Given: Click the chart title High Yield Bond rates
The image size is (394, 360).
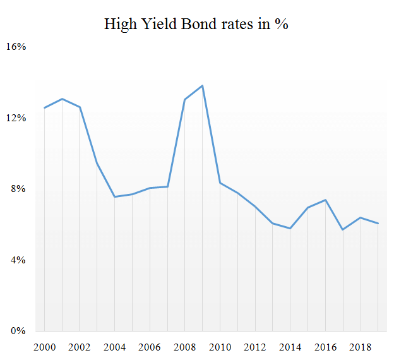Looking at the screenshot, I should coord(196,24).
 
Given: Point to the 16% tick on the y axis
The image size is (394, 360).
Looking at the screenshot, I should coord(16,47).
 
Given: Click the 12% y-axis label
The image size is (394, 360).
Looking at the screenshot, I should coord(16,118).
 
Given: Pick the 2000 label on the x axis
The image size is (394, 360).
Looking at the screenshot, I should coord(44,348).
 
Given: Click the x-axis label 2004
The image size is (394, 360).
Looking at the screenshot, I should coord(114,348).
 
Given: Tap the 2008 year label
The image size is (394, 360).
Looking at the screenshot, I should coord(184,348).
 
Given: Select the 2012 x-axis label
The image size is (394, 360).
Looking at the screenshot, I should coord(254,348).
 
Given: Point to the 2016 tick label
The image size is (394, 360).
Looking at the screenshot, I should coord(325,348).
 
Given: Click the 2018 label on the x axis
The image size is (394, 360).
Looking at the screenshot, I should coord(360,348).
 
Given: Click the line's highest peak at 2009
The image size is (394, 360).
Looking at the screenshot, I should coord(202,85).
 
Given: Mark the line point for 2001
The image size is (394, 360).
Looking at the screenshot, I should coord(62,99).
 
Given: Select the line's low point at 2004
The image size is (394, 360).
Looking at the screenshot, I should coord(114,196).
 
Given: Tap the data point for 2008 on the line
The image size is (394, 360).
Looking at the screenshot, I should coord(184,99).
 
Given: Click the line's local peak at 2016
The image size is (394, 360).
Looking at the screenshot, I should coord(325,200).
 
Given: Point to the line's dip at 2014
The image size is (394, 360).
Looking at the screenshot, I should coord(290,228).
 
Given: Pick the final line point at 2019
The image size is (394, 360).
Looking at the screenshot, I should coord(378,223).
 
